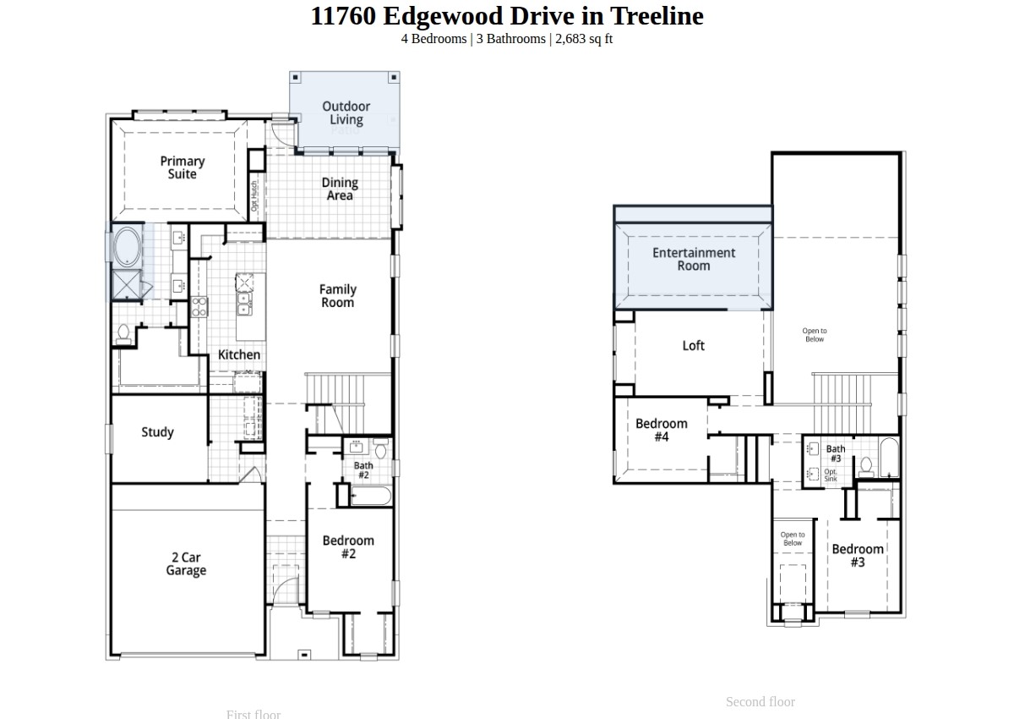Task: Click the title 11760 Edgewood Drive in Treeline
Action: click(507, 16)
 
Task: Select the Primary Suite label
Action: click(183, 167)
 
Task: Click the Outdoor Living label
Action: click(346, 113)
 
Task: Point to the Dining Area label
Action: click(340, 189)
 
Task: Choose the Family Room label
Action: click(337, 296)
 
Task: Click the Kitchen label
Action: click(239, 354)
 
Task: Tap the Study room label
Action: click(157, 432)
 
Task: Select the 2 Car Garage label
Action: click(186, 564)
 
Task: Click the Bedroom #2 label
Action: click(348, 547)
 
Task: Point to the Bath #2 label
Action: click(363, 470)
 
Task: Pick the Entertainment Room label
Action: click(693, 259)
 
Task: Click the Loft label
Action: click(693, 345)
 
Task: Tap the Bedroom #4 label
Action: click(662, 430)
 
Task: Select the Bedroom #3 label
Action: click(858, 556)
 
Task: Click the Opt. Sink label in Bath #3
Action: click(831, 475)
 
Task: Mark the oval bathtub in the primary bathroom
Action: click(128, 246)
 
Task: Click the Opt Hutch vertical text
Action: click(253, 196)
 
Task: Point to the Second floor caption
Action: click(760, 701)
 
